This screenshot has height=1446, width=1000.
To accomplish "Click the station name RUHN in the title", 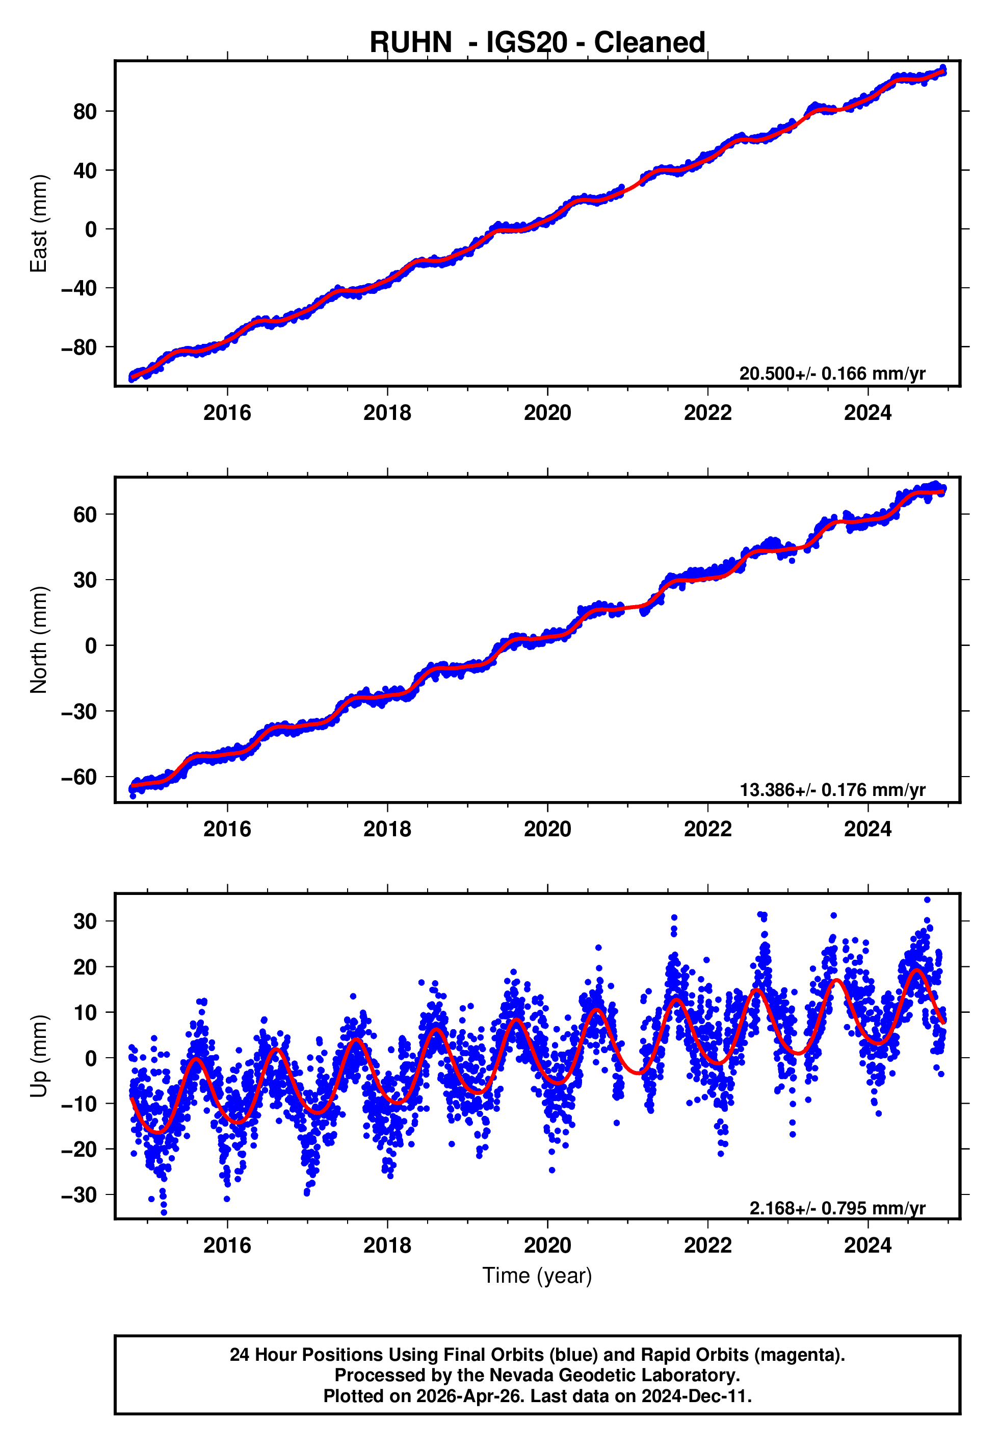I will (x=410, y=43).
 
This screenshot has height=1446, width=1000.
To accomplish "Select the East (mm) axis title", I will (x=39, y=223).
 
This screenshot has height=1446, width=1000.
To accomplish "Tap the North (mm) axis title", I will (x=39, y=640).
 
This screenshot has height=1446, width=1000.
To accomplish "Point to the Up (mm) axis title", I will (x=39, y=1056).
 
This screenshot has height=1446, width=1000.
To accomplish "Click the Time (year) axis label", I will (x=537, y=1276).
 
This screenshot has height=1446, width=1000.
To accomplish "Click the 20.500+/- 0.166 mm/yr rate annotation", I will (x=832, y=373).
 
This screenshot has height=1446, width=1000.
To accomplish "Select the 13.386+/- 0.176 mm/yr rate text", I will (x=832, y=790).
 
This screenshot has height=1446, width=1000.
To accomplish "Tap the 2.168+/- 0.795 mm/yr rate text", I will (x=837, y=1208).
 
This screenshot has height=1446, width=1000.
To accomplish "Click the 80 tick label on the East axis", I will (x=85, y=112).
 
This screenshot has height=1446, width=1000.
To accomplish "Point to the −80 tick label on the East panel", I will (x=79, y=347).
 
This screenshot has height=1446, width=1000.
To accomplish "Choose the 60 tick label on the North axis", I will (x=85, y=515).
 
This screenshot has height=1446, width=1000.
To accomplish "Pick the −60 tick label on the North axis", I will (x=79, y=777).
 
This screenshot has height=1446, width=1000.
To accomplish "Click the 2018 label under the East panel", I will (x=387, y=413).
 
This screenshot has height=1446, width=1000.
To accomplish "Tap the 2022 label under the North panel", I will (x=707, y=829).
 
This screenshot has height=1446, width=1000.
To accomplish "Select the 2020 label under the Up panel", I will (x=547, y=1245).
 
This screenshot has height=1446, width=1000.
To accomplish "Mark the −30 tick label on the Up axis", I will (x=79, y=1195).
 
